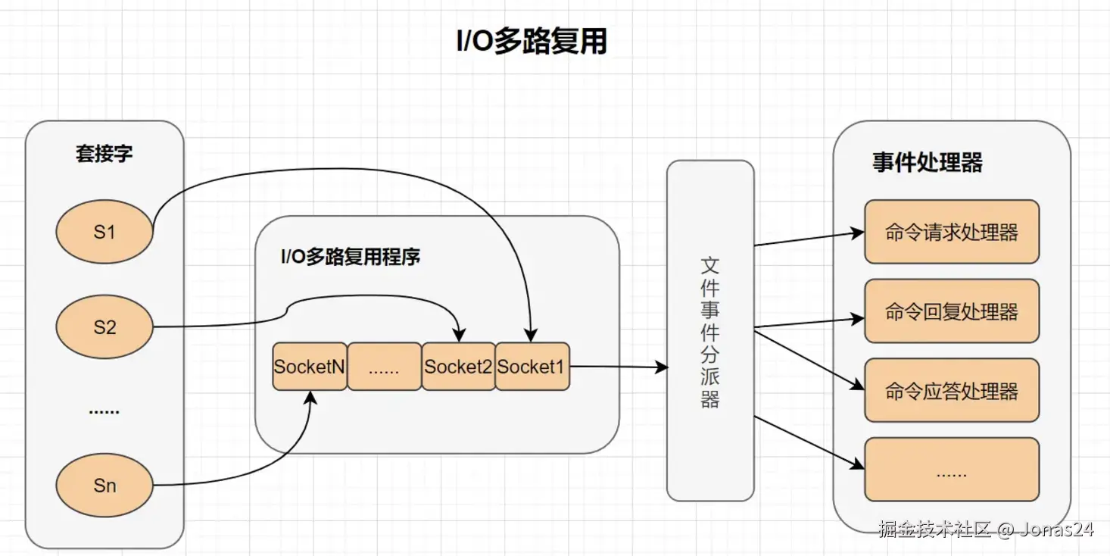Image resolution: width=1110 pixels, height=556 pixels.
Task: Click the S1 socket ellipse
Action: (x=104, y=232)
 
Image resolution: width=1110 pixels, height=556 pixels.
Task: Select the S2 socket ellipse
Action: (x=104, y=326)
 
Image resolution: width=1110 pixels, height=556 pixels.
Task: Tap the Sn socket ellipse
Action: (x=104, y=485)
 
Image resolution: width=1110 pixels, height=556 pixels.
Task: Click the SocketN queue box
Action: (x=310, y=366)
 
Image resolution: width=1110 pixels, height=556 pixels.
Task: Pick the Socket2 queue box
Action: (x=458, y=366)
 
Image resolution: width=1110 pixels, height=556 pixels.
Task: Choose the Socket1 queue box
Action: (x=532, y=366)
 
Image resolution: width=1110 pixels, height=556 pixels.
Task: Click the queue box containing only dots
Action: (x=385, y=366)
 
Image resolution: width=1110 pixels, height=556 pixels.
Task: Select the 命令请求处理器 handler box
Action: (x=952, y=232)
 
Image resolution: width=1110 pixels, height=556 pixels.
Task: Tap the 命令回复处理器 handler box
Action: (x=952, y=311)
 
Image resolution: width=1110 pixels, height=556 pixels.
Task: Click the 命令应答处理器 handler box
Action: (x=952, y=390)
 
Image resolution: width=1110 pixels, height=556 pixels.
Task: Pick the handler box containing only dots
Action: (x=952, y=470)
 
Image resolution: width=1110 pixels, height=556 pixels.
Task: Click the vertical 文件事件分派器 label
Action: (x=709, y=332)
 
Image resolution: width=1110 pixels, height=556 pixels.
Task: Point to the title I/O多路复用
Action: (x=532, y=41)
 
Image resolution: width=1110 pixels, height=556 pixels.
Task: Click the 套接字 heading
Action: (x=104, y=153)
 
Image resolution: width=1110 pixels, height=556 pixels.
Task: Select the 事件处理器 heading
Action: (x=928, y=162)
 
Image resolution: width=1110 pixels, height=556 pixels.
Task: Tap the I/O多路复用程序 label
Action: (x=351, y=256)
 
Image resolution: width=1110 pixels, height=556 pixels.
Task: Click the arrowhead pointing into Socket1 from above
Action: (x=531, y=335)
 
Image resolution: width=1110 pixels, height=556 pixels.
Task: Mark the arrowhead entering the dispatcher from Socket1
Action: (x=662, y=367)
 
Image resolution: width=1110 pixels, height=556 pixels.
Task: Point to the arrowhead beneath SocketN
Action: (x=310, y=398)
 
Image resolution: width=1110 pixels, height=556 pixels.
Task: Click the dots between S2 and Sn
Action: (x=104, y=411)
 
